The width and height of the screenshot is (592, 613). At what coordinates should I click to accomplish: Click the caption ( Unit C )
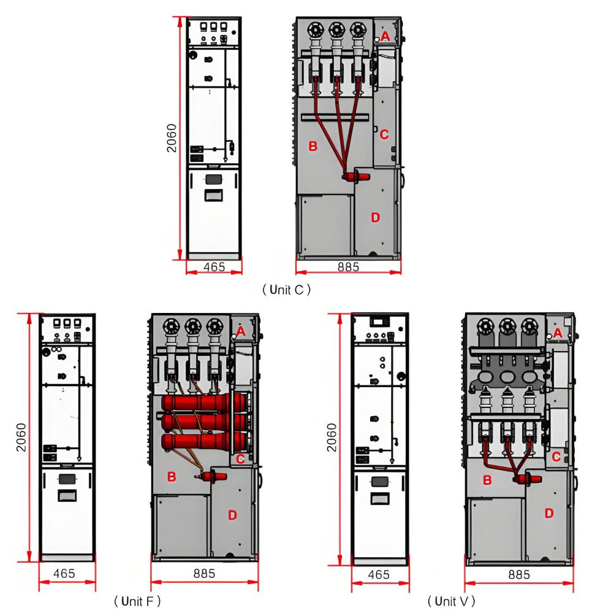point(286,290)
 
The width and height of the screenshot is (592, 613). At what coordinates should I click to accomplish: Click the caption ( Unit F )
point(137,601)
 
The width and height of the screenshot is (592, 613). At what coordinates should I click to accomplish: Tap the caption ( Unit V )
point(451,601)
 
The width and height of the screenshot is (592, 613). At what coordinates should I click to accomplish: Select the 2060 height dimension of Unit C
point(172,137)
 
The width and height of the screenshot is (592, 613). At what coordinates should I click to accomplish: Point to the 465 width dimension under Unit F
point(64,574)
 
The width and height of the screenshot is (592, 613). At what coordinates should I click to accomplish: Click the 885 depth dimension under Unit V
point(519,574)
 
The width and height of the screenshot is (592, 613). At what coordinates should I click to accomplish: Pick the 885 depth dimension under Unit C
point(348,267)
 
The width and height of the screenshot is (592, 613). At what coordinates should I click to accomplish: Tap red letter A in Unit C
point(385,36)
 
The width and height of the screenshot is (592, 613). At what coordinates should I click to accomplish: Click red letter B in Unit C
point(313,146)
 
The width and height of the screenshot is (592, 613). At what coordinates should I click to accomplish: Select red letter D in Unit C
point(375,217)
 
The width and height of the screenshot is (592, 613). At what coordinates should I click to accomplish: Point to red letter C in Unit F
point(241,459)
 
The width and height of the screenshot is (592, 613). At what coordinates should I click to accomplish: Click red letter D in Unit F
point(232,515)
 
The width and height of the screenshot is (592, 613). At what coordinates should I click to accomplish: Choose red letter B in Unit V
point(487,480)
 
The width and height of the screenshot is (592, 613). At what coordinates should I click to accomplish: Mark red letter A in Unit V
point(558,333)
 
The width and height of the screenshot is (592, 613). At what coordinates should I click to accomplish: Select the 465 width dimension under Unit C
point(214,267)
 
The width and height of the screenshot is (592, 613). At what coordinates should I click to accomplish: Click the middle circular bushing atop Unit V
point(507,326)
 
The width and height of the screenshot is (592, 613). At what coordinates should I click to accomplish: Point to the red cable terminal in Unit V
point(527,479)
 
